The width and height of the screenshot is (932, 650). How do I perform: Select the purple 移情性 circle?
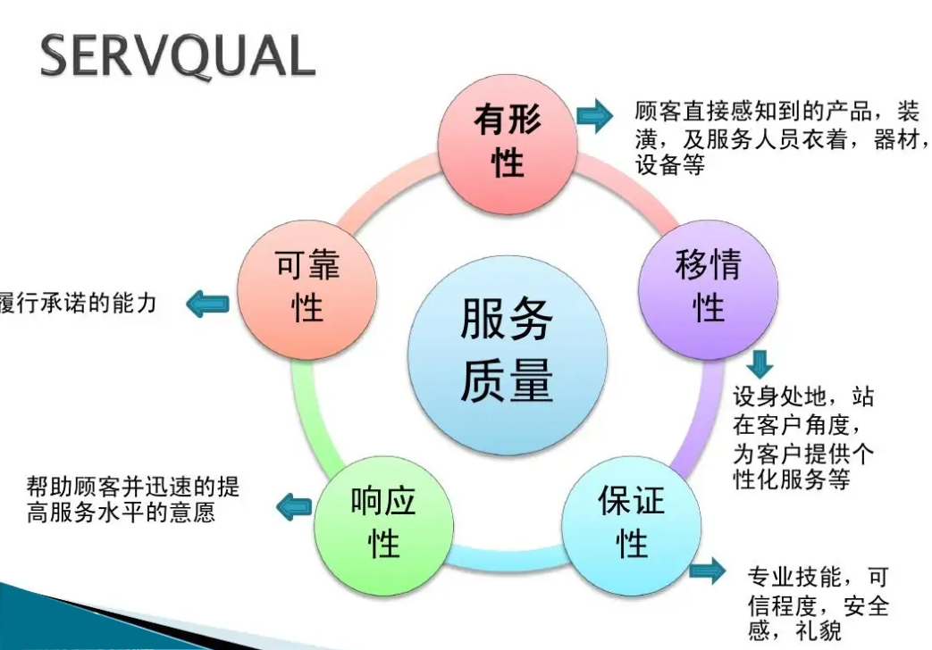click(x=709, y=286)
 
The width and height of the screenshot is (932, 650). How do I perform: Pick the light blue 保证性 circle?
click(x=631, y=522)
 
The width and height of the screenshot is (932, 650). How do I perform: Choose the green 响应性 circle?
click(x=383, y=521)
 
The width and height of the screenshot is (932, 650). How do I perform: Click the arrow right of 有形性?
click(x=593, y=116)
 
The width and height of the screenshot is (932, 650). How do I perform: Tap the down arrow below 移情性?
click(x=761, y=364)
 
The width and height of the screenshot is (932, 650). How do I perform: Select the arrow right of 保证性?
click(x=708, y=571)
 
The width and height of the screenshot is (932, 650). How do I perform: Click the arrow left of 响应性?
click(x=294, y=507)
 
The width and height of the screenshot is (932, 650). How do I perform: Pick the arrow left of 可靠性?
click(x=207, y=304)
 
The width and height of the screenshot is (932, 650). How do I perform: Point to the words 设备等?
click(x=670, y=165)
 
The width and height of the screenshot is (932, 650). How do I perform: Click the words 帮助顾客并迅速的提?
click(x=133, y=487)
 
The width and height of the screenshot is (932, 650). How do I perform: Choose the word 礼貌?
click(x=819, y=633)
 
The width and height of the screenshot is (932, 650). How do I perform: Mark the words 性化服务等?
click(x=790, y=479)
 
